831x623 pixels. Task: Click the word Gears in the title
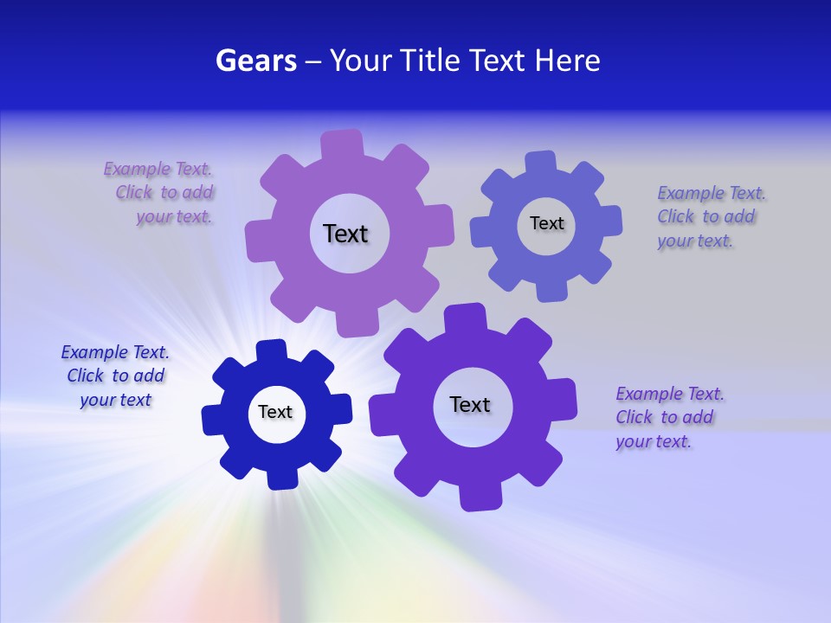pyautogui.click(x=255, y=61)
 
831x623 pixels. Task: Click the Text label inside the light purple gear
pyautogui.click(x=345, y=234)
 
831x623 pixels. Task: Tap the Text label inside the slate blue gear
pyautogui.click(x=546, y=223)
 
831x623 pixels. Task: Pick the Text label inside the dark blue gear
pyautogui.click(x=275, y=412)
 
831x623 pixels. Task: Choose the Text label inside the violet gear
pyautogui.click(x=470, y=404)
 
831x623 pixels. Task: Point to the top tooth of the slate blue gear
pyautogui.click(x=541, y=162)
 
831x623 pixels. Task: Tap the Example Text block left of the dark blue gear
pyautogui.click(x=115, y=376)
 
